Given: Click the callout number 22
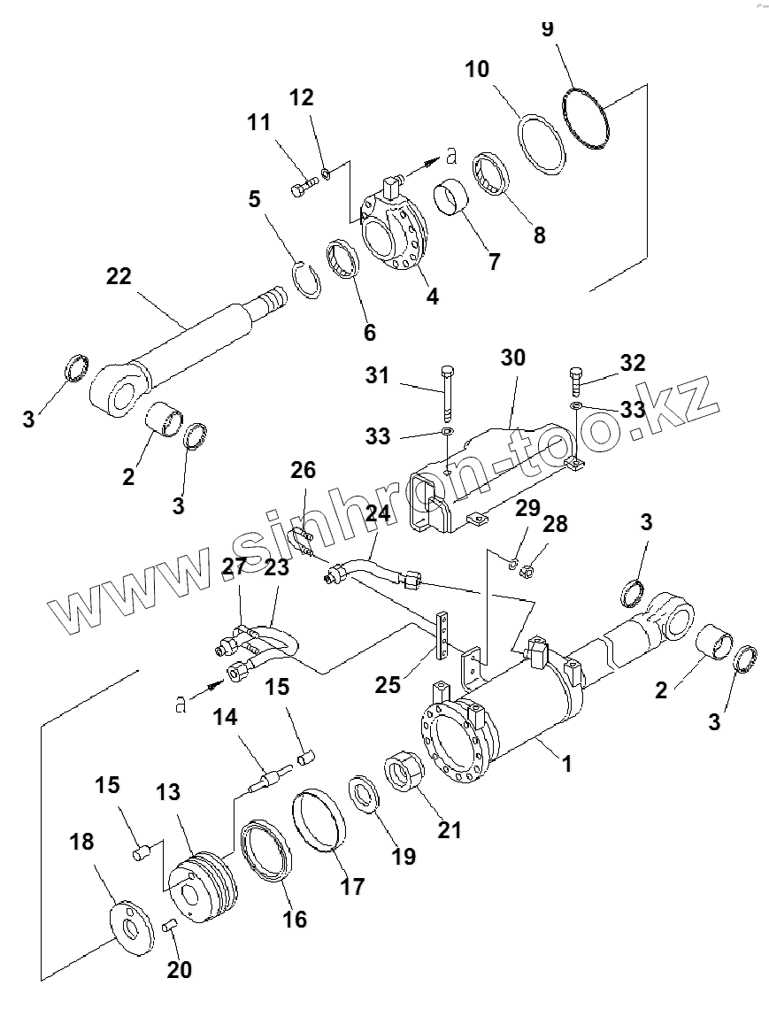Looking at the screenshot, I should [118, 277].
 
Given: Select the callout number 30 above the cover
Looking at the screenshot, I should [512, 358].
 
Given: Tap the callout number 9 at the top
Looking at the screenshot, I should [547, 28].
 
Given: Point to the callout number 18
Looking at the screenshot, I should [81, 842].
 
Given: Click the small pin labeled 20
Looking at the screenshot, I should [172, 927].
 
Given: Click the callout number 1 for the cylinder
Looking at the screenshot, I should [567, 763].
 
